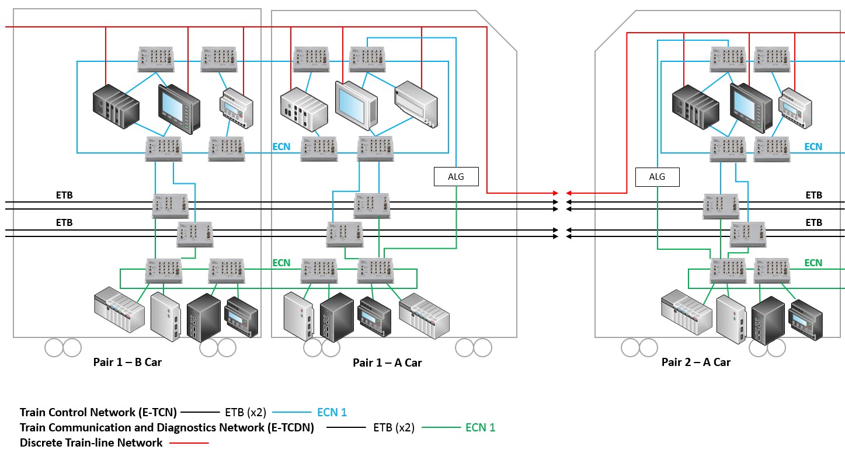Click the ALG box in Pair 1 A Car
pyautogui.click(x=456, y=176)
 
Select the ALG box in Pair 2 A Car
pyautogui.click(x=657, y=177)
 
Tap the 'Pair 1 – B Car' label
pyautogui.click(x=127, y=362)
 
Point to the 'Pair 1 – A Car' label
pyautogui.click(x=387, y=363)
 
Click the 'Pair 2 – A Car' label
pyautogui.click(x=696, y=362)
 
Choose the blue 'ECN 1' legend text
pyautogui.click(x=332, y=412)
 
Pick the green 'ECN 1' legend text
pyautogui.click(x=480, y=427)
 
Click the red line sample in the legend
pyautogui.click(x=189, y=443)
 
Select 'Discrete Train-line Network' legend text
pyautogui.click(x=91, y=442)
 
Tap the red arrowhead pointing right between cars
pyautogui.click(x=556, y=193)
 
